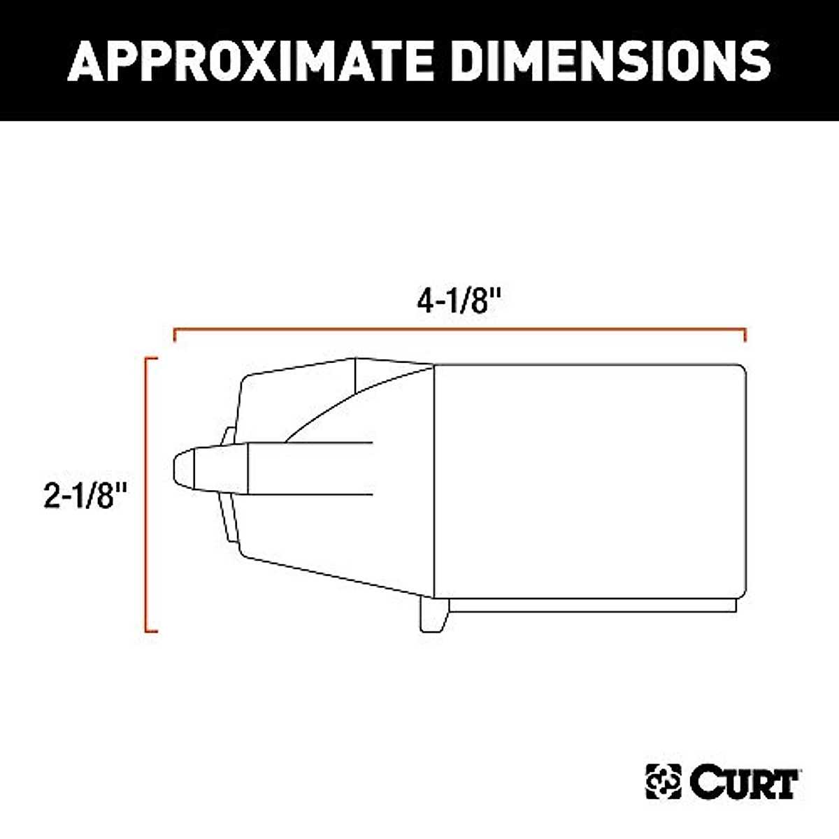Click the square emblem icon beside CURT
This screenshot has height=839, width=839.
tap(663, 781)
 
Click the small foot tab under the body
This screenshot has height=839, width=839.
tap(433, 615)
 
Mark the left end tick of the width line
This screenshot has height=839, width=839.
tap(174, 335)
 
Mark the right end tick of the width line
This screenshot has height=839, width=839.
tap(745, 335)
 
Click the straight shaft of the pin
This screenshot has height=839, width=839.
tap(311, 468)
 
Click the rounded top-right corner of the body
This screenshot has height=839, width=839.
tap(739, 370)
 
